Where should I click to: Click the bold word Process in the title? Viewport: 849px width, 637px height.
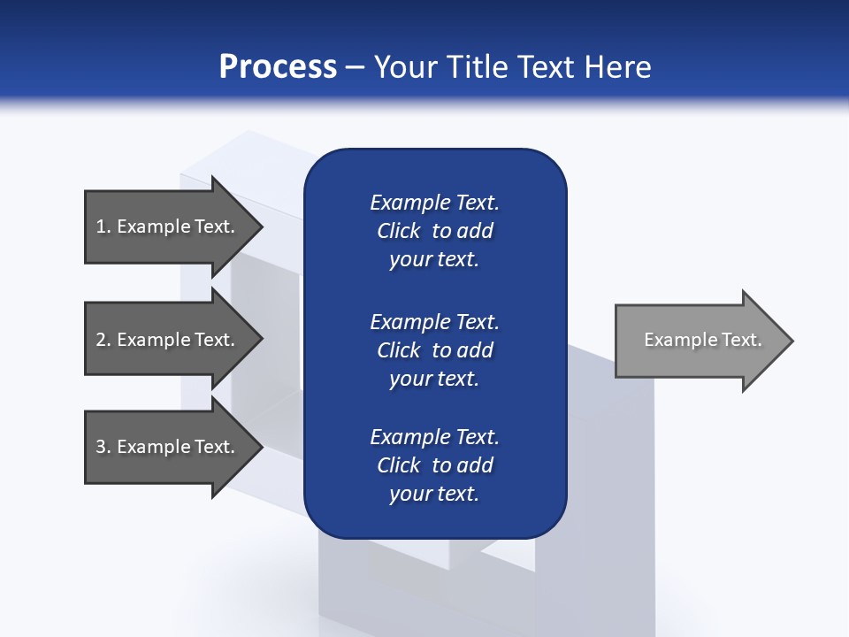(278, 67)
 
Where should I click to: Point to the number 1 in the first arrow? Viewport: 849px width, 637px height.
(101, 226)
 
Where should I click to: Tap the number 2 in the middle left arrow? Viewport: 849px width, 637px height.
(101, 340)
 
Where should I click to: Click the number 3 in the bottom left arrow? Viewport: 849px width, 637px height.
(101, 447)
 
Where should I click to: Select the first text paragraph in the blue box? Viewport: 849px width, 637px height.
(434, 231)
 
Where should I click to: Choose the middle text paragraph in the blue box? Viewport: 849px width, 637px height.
(434, 350)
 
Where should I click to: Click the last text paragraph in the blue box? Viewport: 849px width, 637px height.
(434, 465)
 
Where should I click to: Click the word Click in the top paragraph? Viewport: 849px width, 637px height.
(398, 231)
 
